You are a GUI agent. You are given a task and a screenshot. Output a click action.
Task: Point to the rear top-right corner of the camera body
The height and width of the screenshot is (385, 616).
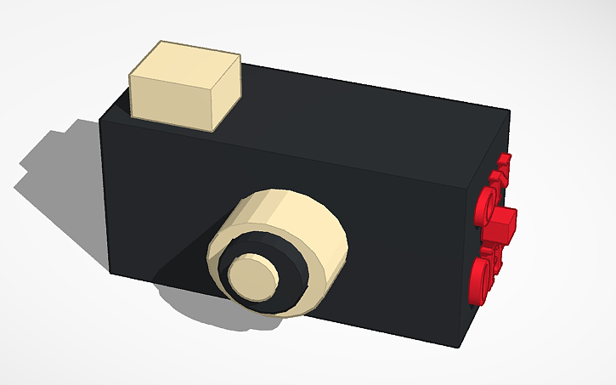(x=511, y=110)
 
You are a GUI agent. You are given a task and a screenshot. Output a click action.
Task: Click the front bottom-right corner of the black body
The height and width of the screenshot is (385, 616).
(x=463, y=348)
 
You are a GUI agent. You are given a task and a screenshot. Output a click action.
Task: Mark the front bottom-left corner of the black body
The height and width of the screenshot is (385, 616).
(x=110, y=272)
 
